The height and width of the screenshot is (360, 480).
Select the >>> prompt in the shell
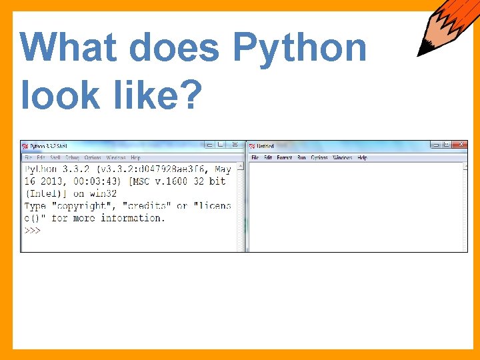33,230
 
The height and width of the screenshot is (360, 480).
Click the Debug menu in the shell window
72,158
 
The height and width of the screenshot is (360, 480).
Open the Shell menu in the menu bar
55,158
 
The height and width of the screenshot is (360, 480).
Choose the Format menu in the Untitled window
284,158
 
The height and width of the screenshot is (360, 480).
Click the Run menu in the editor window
301,158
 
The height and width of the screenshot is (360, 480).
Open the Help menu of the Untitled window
362,158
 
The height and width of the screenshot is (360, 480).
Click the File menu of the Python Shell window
28,158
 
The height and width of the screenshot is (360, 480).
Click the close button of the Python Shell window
234,145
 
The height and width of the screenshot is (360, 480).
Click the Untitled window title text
265,146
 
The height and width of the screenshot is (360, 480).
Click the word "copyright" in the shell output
83,206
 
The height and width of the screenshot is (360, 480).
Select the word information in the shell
132,218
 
